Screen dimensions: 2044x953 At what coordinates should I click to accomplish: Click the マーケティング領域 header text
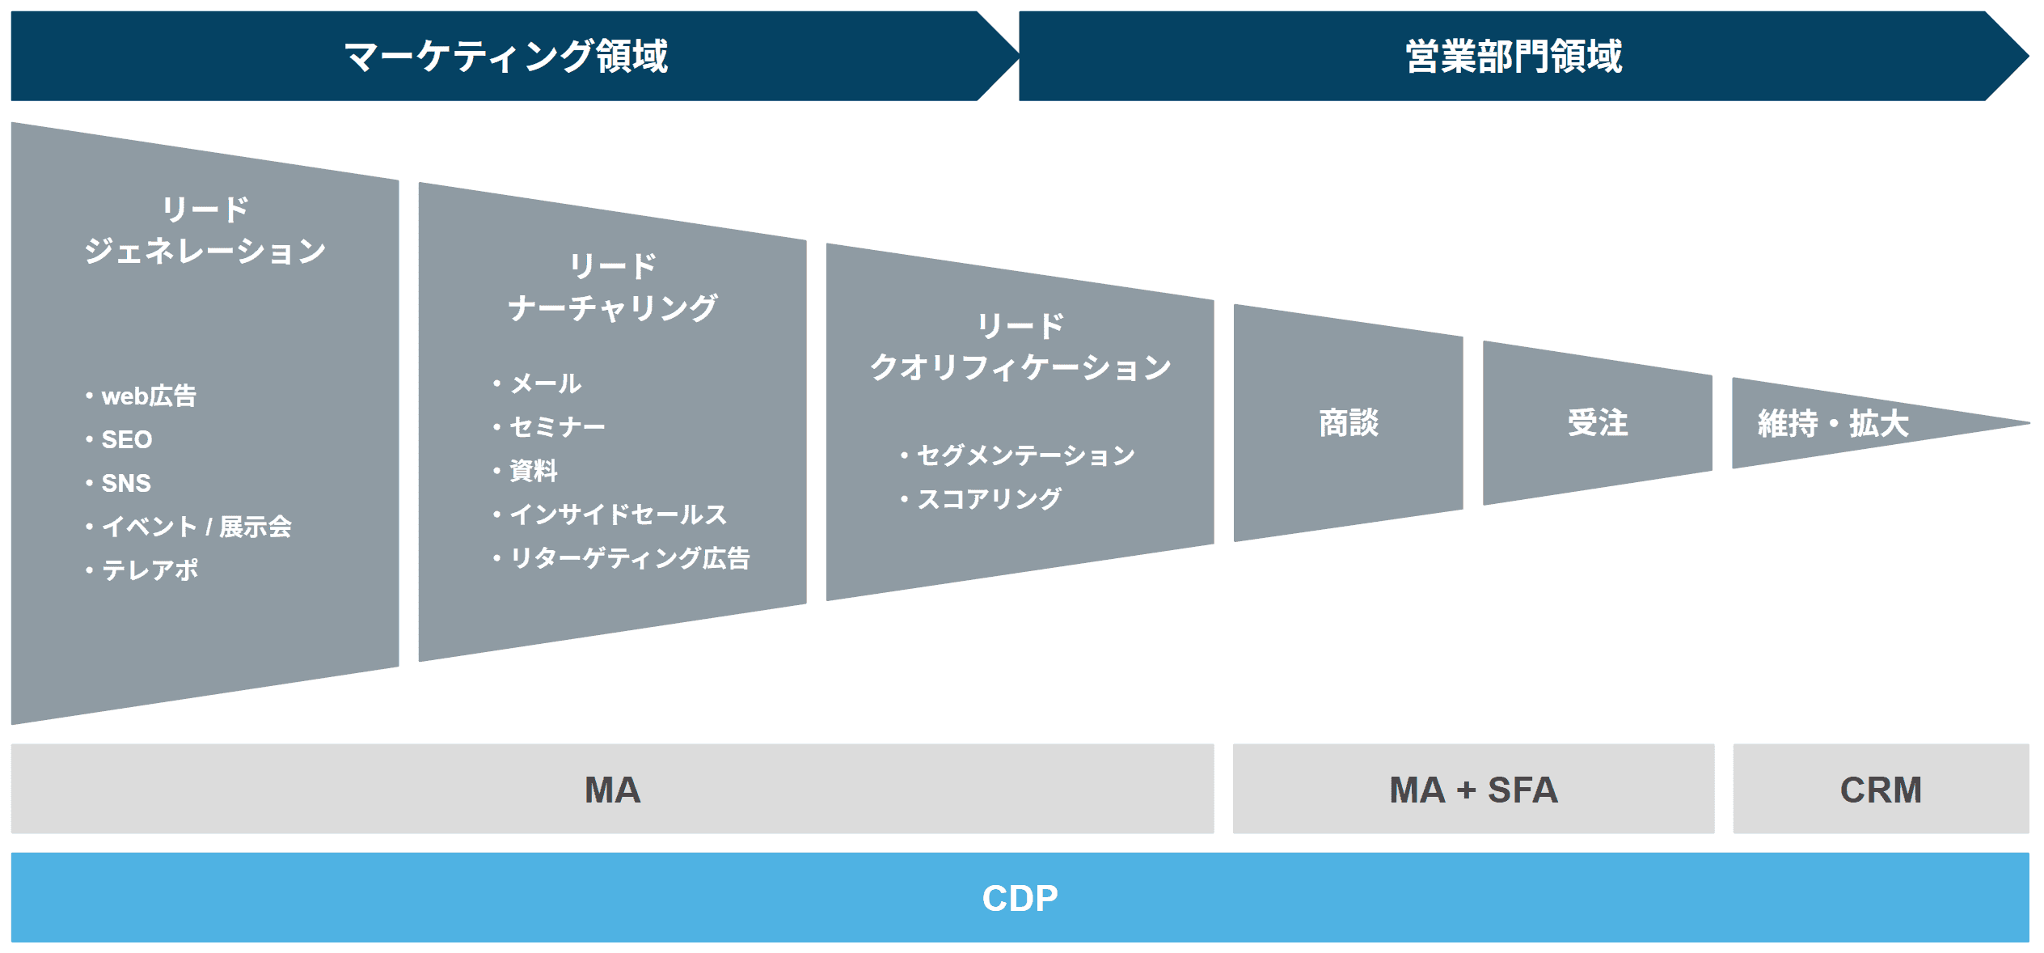click(x=506, y=57)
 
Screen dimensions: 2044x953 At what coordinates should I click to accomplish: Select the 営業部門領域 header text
click(x=1514, y=57)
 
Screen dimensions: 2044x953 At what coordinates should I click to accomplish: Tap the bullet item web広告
click(x=149, y=396)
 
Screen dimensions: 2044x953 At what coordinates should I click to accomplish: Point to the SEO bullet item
click(x=127, y=439)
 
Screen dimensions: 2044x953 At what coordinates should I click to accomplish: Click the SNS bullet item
click(x=126, y=483)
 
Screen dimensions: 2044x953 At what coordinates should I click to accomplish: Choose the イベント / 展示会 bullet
click(x=196, y=527)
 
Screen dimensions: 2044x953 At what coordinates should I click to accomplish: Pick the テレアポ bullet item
click(x=150, y=570)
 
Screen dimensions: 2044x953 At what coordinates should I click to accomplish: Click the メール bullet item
click(x=545, y=383)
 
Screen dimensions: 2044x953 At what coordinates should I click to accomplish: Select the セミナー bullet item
click(x=557, y=426)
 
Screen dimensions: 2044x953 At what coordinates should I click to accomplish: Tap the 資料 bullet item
click(x=534, y=470)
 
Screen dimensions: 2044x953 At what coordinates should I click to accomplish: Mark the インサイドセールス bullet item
click(x=619, y=514)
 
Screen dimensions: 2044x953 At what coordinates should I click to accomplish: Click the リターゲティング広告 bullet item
click(x=630, y=557)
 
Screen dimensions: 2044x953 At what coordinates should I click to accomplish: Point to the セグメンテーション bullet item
click(x=1026, y=455)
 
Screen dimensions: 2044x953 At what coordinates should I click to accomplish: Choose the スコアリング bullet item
click(x=989, y=498)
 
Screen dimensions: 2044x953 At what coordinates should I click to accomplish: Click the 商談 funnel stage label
click(x=1349, y=422)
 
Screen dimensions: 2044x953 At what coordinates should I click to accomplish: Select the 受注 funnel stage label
click(x=1598, y=422)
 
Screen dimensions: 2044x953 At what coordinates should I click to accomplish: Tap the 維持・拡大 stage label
click(x=1833, y=423)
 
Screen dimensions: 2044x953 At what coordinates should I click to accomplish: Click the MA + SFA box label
click(x=1473, y=790)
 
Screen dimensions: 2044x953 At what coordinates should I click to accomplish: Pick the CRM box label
click(x=1881, y=790)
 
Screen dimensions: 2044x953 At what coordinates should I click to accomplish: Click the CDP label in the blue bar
click(x=1020, y=898)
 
